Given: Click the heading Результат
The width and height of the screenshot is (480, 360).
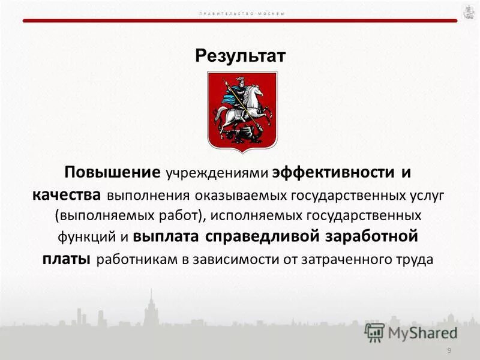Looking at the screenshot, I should (241, 56).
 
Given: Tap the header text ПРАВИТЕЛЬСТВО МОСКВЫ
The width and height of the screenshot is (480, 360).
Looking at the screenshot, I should (240, 13).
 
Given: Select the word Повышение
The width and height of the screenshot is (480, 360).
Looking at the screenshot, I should (113, 173).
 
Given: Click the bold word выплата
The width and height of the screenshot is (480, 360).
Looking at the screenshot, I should (167, 236).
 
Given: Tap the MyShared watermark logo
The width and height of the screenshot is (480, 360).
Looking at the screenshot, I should (411, 332).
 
